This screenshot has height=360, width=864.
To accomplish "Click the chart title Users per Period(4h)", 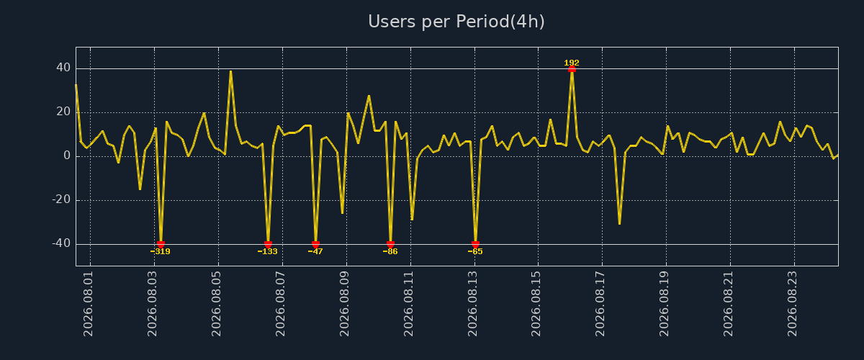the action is click(456, 22).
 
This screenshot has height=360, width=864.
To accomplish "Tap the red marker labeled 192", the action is click(572, 69).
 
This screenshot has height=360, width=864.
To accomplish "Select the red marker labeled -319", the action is click(161, 244).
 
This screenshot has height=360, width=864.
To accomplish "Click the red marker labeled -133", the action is click(268, 244).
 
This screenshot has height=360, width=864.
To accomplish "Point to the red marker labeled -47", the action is click(315, 244).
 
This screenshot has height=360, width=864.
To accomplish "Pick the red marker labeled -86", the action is click(390, 244).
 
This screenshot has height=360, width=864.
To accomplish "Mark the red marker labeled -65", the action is click(475, 244).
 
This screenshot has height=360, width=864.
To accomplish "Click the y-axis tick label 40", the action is click(63, 68).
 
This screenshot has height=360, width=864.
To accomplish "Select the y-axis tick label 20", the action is click(63, 112).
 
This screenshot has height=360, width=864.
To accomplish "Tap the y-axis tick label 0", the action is click(67, 156).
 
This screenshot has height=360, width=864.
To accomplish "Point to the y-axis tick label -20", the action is click(61, 199).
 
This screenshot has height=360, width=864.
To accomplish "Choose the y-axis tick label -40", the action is click(61, 243).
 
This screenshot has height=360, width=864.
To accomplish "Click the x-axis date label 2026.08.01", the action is click(88, 304).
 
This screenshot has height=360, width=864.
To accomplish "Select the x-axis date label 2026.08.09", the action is click(344, 304).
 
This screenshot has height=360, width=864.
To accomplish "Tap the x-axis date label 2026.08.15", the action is click(536, 304).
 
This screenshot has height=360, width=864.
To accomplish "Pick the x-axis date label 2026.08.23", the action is click(792, 304).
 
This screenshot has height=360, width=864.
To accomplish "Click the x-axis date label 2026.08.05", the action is click(216, 304).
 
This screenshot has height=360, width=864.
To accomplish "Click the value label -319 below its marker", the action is click(160, 251).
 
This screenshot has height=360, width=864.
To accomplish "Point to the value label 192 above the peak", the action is click(572, 63).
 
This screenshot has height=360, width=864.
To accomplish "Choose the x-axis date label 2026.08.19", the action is click(664, 304).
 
